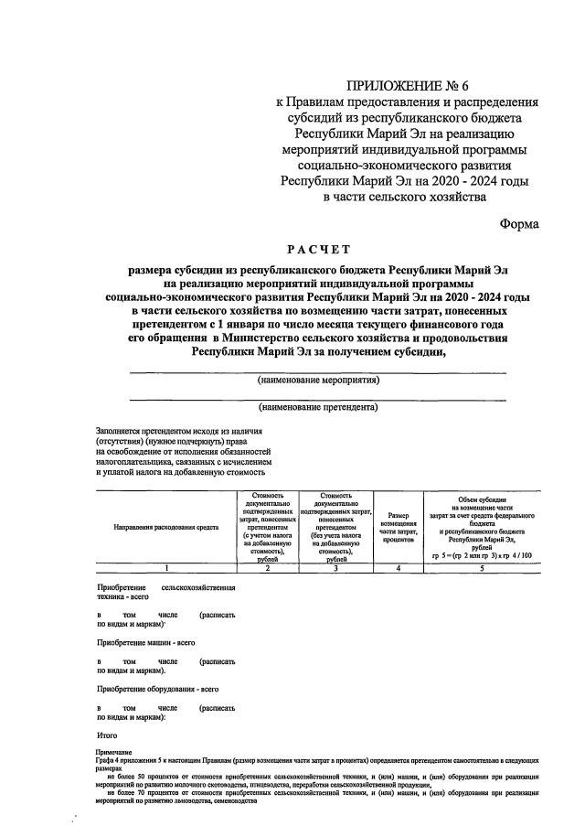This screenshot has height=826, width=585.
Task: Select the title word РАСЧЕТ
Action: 317,249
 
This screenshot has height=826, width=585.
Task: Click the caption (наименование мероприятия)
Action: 318,380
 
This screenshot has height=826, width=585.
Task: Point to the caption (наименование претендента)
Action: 318,407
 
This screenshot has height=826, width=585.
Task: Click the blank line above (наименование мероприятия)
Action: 318,371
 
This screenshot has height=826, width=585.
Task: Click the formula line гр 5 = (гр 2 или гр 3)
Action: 480,555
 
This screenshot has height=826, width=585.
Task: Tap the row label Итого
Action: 108,734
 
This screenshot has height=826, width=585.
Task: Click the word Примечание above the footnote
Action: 113,750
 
